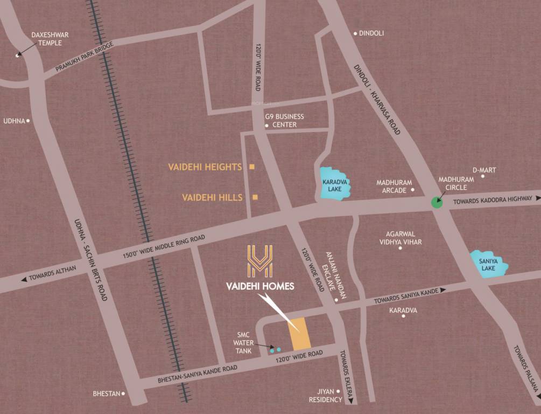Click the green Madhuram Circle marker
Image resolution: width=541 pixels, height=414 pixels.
[x=437, y=203]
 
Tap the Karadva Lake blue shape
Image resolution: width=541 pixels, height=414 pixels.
[x=334, y=183]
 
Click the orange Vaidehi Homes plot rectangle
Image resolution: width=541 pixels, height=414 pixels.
[x=300, y=333]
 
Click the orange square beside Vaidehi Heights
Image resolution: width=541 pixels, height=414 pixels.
[x=251, y=167]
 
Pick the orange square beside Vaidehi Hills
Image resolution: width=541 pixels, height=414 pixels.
[x=255, y=197]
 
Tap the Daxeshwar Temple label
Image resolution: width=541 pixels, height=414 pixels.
[x=50, y=39]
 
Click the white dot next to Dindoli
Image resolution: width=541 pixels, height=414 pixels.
[x=355, y=33]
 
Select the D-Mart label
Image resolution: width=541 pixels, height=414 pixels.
[x=484, y=170]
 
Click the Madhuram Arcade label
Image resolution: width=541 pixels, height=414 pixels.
[x=394, y=186]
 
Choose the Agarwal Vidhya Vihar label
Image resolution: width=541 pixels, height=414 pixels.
[x=404, y=238]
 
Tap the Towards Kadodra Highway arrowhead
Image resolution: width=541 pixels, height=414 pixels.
[x=537, y=199]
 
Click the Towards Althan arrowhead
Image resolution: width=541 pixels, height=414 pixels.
[x=24, y=279]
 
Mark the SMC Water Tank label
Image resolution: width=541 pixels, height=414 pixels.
[x=242, y=342]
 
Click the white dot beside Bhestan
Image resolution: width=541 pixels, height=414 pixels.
[x=123, y=394]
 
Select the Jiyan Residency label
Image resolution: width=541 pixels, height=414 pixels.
[x=325, y=395]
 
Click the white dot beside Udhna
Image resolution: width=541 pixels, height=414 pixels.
[x=28, y=121]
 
